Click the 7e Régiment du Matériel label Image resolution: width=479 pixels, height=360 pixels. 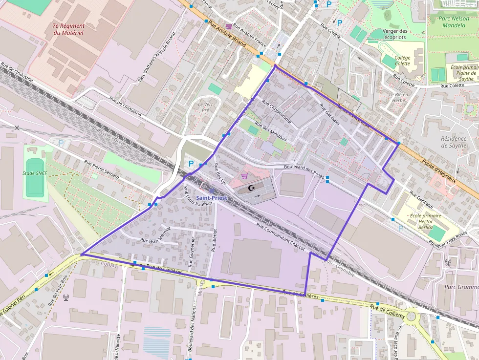pos(68,29)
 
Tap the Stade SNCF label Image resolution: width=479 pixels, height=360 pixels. pos(34,173)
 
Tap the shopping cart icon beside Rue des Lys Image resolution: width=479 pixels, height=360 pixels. pos(244,176)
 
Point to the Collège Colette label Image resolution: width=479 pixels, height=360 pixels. pos(402,61)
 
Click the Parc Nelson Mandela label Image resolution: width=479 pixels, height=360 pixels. pos(452,21)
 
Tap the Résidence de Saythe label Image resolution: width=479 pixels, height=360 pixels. pos(454,142)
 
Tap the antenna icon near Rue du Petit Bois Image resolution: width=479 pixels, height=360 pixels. pos(66,296)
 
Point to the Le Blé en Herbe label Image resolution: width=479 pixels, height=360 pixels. pos(397,97)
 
